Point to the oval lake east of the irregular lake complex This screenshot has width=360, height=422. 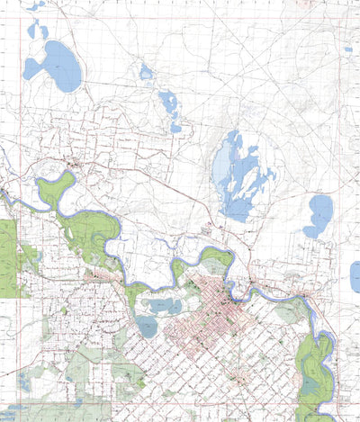click(318, 216)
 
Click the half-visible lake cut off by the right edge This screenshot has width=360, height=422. click(355, 276)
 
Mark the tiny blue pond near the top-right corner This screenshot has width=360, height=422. click(347, 49)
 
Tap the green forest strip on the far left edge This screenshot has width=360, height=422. click(8, 257)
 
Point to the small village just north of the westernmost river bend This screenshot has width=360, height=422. click(72, 164)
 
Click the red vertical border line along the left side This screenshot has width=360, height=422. click(19, 225)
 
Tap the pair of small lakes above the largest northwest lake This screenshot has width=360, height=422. click(38, 31)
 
